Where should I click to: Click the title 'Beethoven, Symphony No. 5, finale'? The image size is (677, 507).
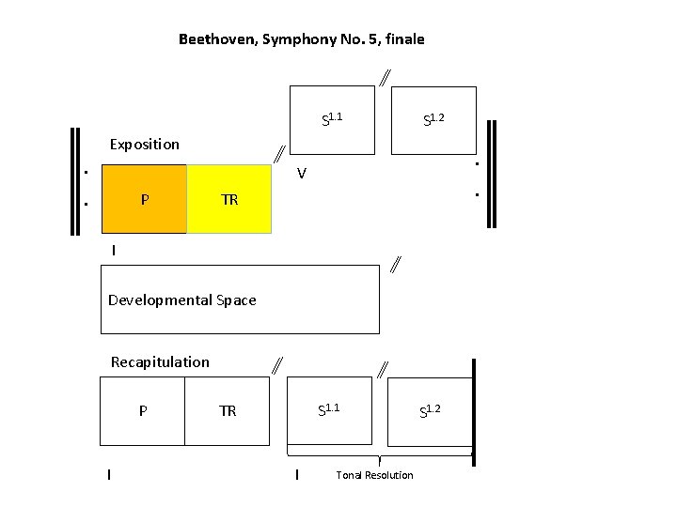click(x=301, y=39)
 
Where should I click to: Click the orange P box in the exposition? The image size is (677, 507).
click(x=144, y=199)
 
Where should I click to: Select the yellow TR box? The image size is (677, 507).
click(x=229, y=199)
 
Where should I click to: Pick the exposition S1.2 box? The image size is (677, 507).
click(x=433, y=119)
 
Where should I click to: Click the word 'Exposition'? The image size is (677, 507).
click(x=144, y=145)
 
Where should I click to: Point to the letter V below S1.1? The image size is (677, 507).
click(x=301, y=174)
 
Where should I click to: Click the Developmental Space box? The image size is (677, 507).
click(x=240, y=300)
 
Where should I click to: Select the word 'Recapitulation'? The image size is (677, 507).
click(x=160, y=362)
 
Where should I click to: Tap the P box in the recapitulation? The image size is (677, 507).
click(x=142, y=410)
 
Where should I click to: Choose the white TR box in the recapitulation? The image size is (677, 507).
click(x=228, y=410)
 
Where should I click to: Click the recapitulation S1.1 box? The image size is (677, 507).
click(x=330, y=410)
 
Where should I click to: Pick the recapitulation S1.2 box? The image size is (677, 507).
click(x=431, y=410)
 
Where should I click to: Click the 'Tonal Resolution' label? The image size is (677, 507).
click(x=374, y=475)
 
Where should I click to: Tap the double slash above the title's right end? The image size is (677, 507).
click(x=386, y=78)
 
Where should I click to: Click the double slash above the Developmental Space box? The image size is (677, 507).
click(x=396, y=265)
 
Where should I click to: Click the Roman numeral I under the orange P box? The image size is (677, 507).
click(x=114, y=251)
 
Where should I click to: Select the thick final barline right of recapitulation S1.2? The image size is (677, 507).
click(x=473, y=410)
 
